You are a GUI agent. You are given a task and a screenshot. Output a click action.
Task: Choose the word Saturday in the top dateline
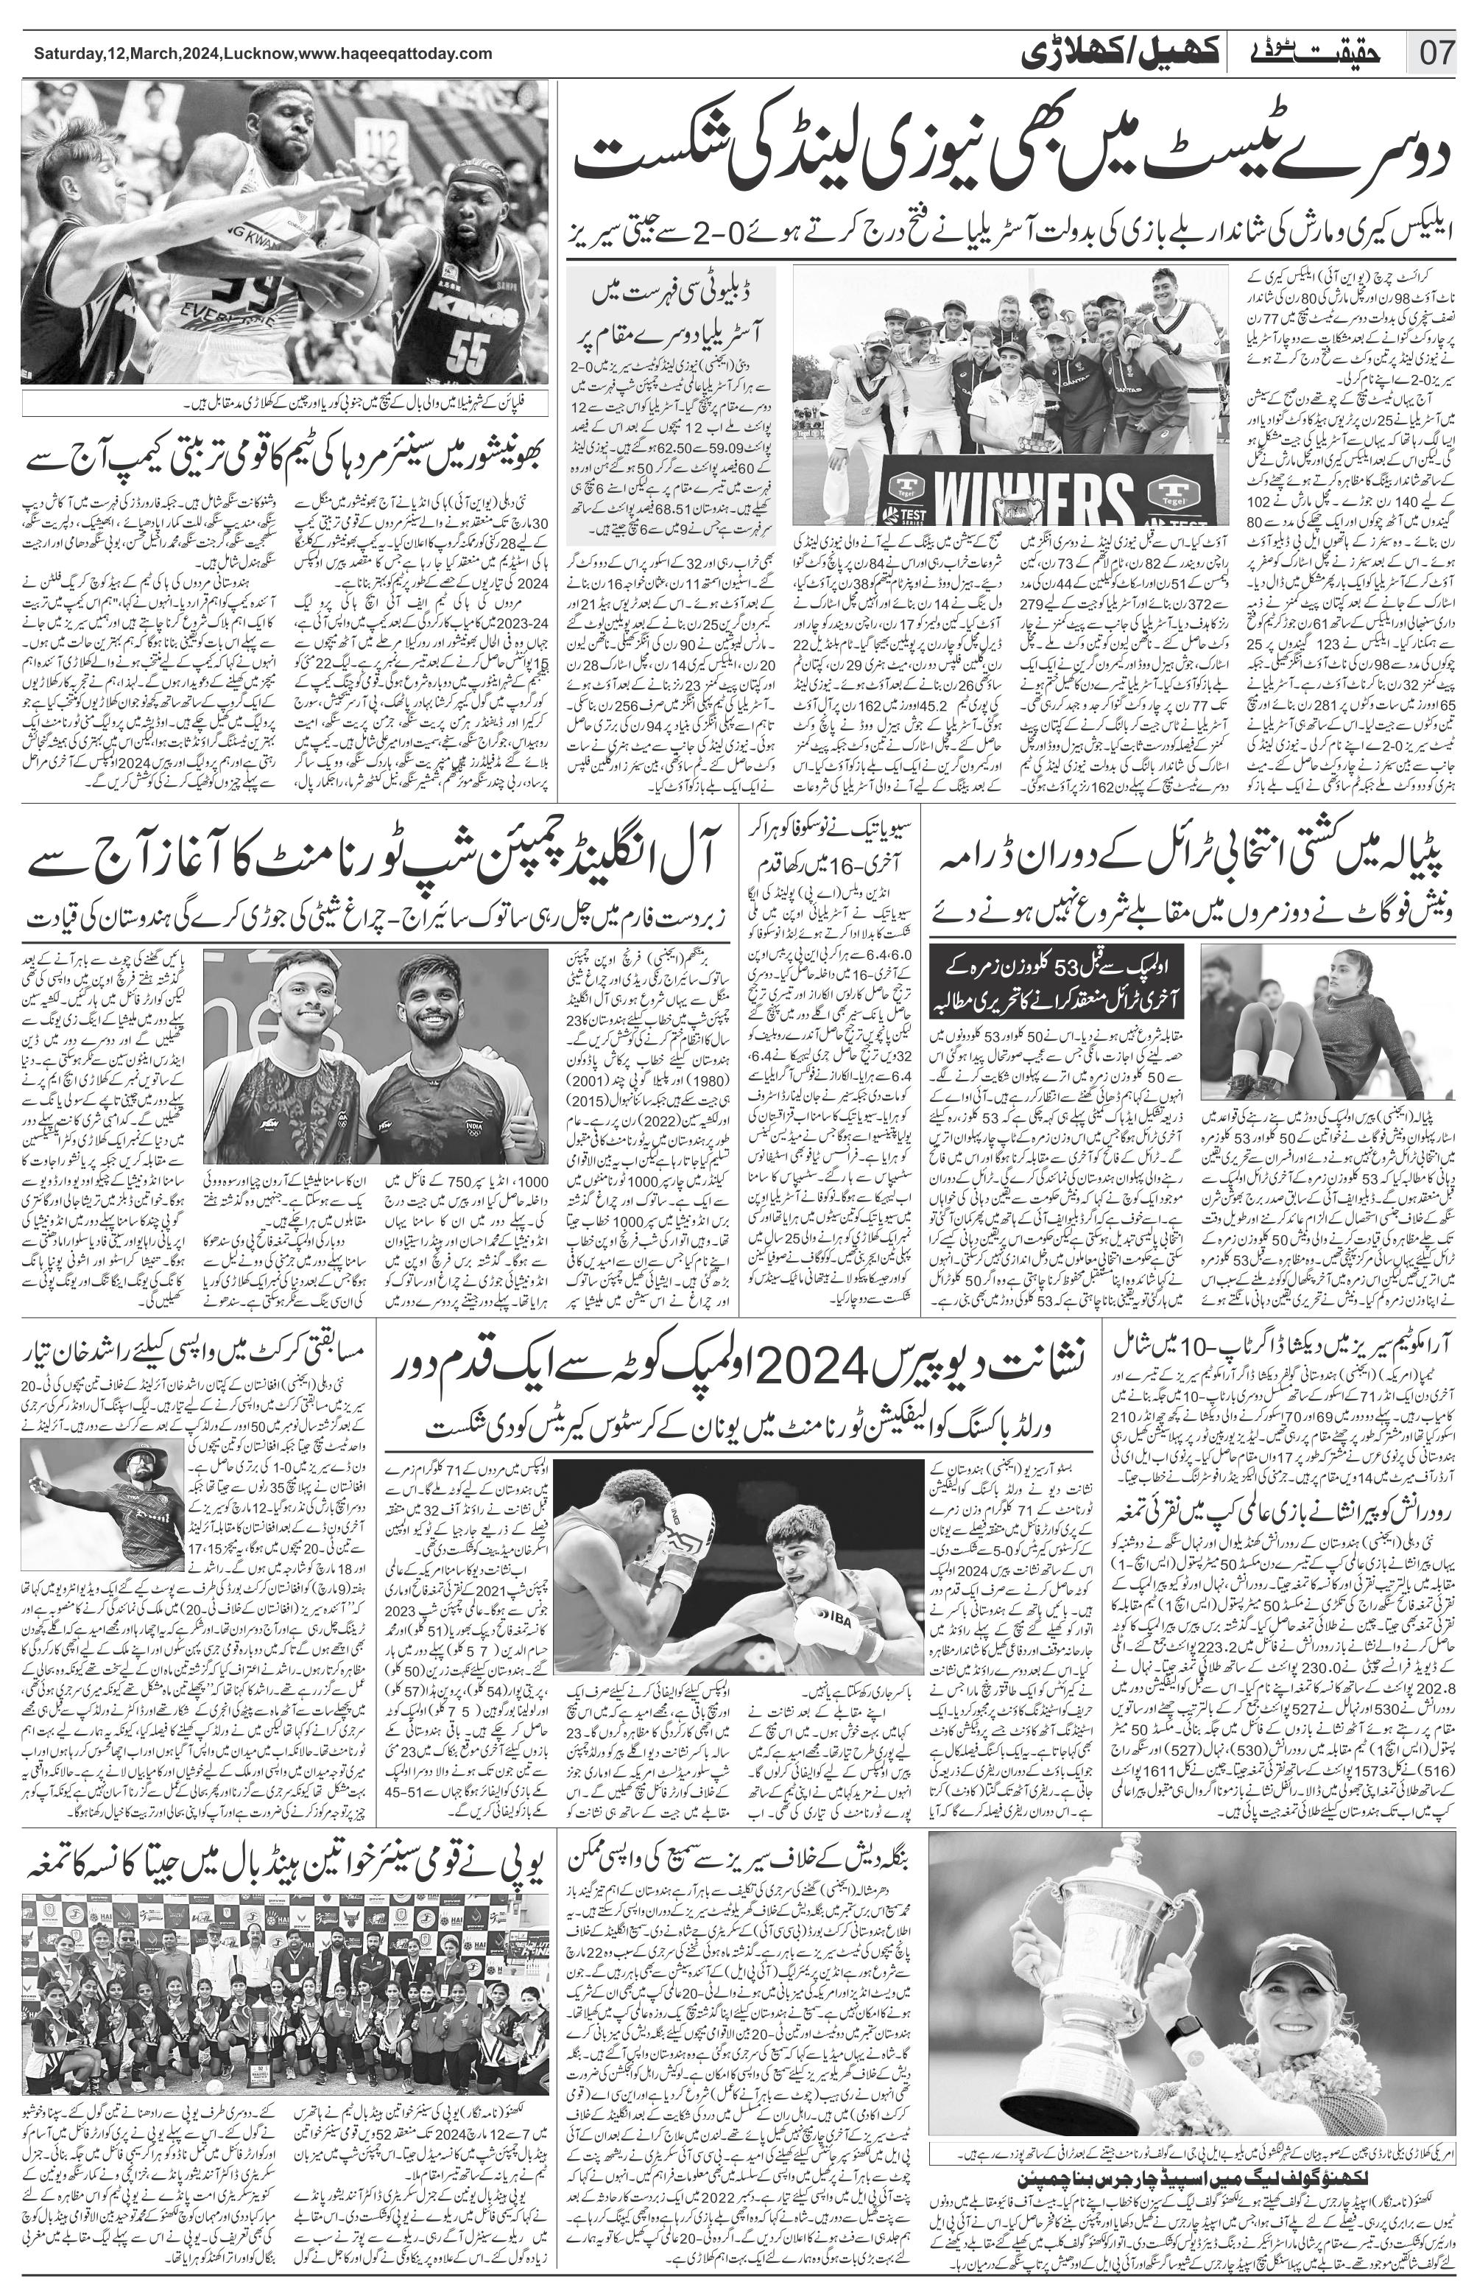coord(66,55)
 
